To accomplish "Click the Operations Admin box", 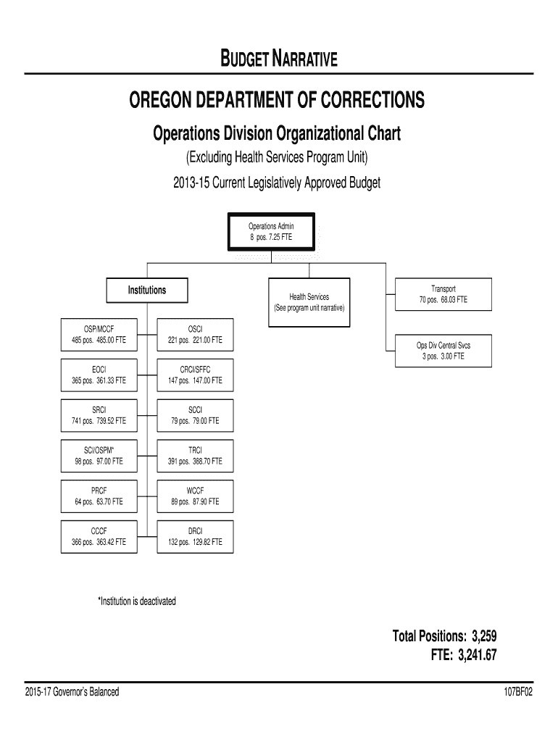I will click(272, 231).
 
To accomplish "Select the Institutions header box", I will click(147, 290).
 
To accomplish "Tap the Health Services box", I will click(309, 302).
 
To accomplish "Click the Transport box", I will click(443, 293).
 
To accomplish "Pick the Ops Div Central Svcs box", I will click(443, 351).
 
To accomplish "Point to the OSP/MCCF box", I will click(99, 334).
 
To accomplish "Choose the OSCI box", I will click(195, 334).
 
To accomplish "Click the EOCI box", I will click(99, 375).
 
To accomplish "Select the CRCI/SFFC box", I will click(195, 375).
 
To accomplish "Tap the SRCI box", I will click(99, 415).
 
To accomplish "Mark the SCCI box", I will click(195, 415).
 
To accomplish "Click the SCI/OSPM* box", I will click(99, 455).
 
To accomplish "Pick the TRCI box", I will click(195, 455).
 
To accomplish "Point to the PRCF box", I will click(99, 496).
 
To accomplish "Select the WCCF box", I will click(195, 496).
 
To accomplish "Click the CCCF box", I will click(99, 536).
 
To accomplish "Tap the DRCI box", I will click(195, 536).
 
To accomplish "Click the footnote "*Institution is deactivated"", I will click(137, 601).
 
